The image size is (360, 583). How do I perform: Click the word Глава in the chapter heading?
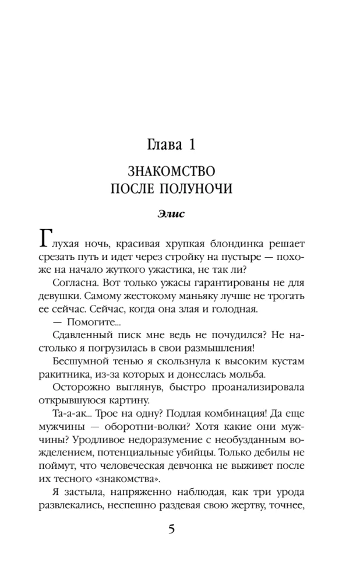(x=162, y=142)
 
